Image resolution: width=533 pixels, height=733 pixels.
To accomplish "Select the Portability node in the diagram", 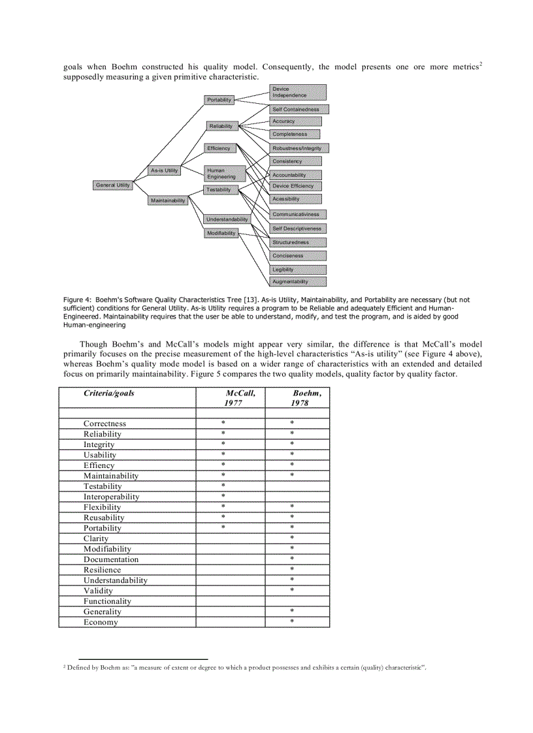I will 219,100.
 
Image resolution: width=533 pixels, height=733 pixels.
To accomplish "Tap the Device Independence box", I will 298,92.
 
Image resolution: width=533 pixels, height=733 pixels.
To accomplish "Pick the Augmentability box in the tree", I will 298,282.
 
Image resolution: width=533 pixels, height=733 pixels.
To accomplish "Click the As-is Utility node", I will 164,170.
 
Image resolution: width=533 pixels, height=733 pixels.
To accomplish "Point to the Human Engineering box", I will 225,174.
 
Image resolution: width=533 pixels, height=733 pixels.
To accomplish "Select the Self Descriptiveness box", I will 298,228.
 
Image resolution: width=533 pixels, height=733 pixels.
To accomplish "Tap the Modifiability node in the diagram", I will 221,233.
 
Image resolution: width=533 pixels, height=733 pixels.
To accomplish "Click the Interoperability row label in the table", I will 111,497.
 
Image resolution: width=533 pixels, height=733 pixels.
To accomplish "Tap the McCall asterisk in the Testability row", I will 223,486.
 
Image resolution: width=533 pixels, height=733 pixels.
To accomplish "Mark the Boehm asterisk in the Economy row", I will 292,622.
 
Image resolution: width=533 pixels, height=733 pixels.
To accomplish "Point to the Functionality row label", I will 107,601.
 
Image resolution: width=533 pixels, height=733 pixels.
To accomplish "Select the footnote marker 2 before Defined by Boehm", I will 65,667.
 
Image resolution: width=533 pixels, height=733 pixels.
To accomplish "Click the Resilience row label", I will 102,570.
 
